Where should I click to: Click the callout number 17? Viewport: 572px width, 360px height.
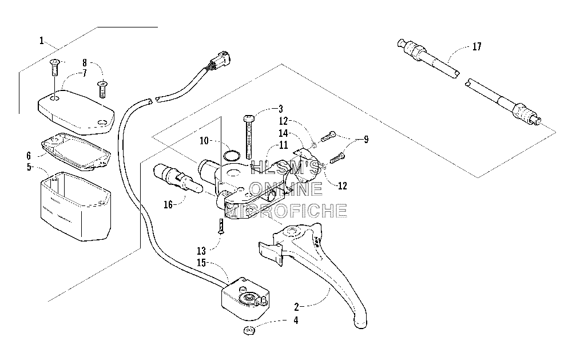[x=477, y=47]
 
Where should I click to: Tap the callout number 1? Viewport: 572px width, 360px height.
[x=42, y=41]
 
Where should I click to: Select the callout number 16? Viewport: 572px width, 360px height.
[x=168, y=205]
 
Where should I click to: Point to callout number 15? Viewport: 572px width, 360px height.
[x=202, y=263]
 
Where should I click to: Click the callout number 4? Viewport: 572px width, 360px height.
[x=296, y=321]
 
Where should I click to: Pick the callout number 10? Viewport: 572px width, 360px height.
[x=204, y=141]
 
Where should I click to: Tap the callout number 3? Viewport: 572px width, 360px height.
[x=280, y=109]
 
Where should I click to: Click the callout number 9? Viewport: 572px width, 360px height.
[x=366, y=140]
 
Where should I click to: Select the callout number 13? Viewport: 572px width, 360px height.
[x=201, y=251]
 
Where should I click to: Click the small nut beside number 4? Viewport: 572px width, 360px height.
[x=249, y=330]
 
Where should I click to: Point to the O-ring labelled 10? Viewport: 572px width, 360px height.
[x=231, y=156]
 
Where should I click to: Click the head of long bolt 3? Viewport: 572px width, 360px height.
[x=248, y=118]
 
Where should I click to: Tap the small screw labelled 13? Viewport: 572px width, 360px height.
[x=221, y=227]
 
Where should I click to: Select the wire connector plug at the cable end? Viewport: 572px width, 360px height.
[x=220, y=59]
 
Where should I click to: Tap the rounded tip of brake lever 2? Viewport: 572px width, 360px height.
[x=360, y=323]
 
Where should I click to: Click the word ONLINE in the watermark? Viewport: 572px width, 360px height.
[x=286, y=189]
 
